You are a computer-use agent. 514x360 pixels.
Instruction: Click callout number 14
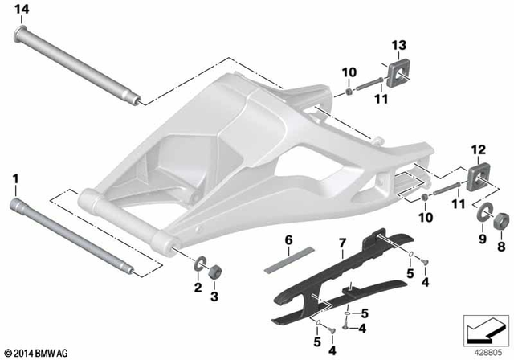21,9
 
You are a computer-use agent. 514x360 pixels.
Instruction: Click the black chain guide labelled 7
337,273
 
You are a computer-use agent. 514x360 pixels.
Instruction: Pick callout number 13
399,43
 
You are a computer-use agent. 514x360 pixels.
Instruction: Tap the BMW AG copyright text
36,351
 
